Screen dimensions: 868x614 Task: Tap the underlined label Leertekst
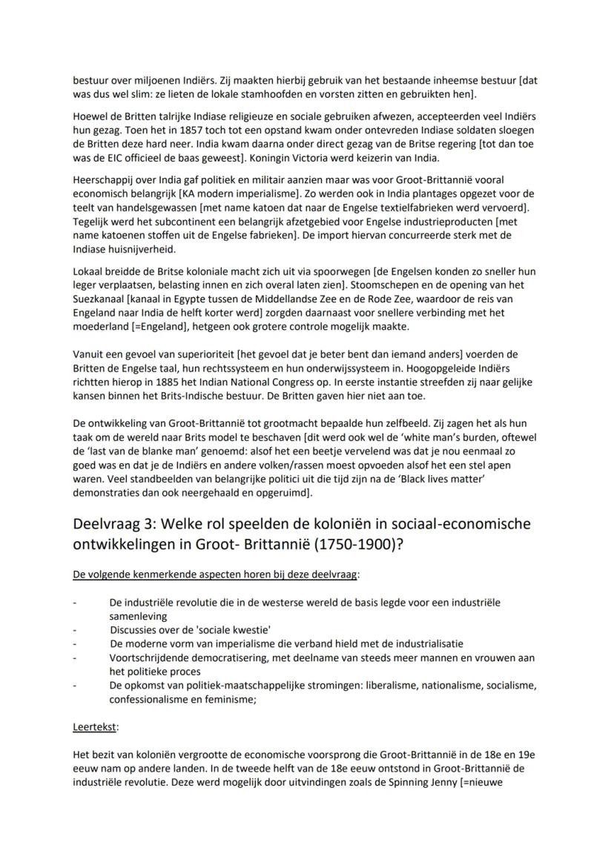coord(93,727)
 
